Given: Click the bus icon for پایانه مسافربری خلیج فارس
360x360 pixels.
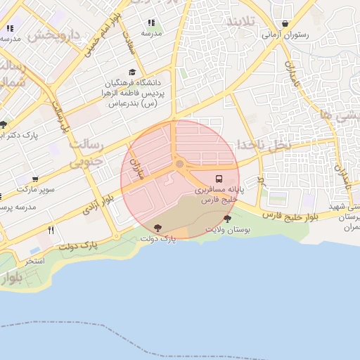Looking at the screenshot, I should coord(218,179).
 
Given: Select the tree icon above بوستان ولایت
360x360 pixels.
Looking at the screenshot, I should coord(226,219).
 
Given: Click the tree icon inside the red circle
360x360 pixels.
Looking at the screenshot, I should coord(157,227).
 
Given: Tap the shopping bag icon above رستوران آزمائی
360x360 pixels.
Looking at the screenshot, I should coord(285,23).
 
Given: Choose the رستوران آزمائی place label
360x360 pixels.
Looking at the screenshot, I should coord(285,34).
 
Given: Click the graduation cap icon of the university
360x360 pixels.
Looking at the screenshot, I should coord(132,72).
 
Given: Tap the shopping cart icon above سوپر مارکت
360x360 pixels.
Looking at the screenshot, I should coord(35,179).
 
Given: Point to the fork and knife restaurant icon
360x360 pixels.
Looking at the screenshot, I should coord(51,230).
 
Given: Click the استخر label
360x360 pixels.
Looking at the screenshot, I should coord(35,261).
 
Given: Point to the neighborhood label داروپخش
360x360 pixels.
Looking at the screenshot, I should coord(60,34).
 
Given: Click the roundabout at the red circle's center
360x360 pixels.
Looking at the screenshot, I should coord(179,165).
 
